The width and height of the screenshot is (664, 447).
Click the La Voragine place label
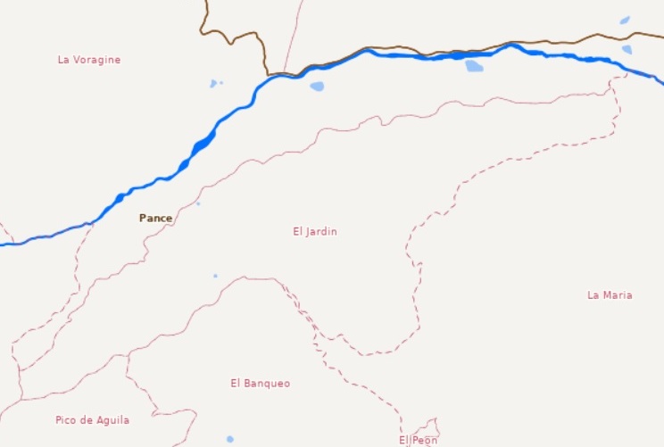(x=88, y=60)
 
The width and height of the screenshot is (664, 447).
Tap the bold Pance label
(x=155, y=218)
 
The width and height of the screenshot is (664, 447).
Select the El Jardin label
(x=315, y=231)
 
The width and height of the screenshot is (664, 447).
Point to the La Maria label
(x=610, y=294)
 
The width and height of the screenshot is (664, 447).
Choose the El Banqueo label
(x=260, y=383)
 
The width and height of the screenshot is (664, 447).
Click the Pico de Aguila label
(x=92, y=419)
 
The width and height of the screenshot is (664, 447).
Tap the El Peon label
(x=418, y=440)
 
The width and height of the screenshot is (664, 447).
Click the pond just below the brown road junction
(x=317, y=87)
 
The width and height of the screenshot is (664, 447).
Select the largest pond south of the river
(x=474, y=66)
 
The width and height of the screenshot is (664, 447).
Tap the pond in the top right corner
(x=625, y=20)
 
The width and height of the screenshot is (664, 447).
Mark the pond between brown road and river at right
(x=627, y=49)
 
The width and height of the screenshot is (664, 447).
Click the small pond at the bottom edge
(x=229, y=439)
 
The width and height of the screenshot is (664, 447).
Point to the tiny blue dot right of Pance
(x=198, y=203)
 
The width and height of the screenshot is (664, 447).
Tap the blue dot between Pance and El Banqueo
(x=215, y=276)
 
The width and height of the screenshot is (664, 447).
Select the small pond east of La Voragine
(x=213, y=84)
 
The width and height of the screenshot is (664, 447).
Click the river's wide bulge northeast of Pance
(x=203, y=143)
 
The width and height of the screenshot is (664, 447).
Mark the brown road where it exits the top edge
(x=205, y=3)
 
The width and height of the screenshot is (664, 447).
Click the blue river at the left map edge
(x=4, y=244)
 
